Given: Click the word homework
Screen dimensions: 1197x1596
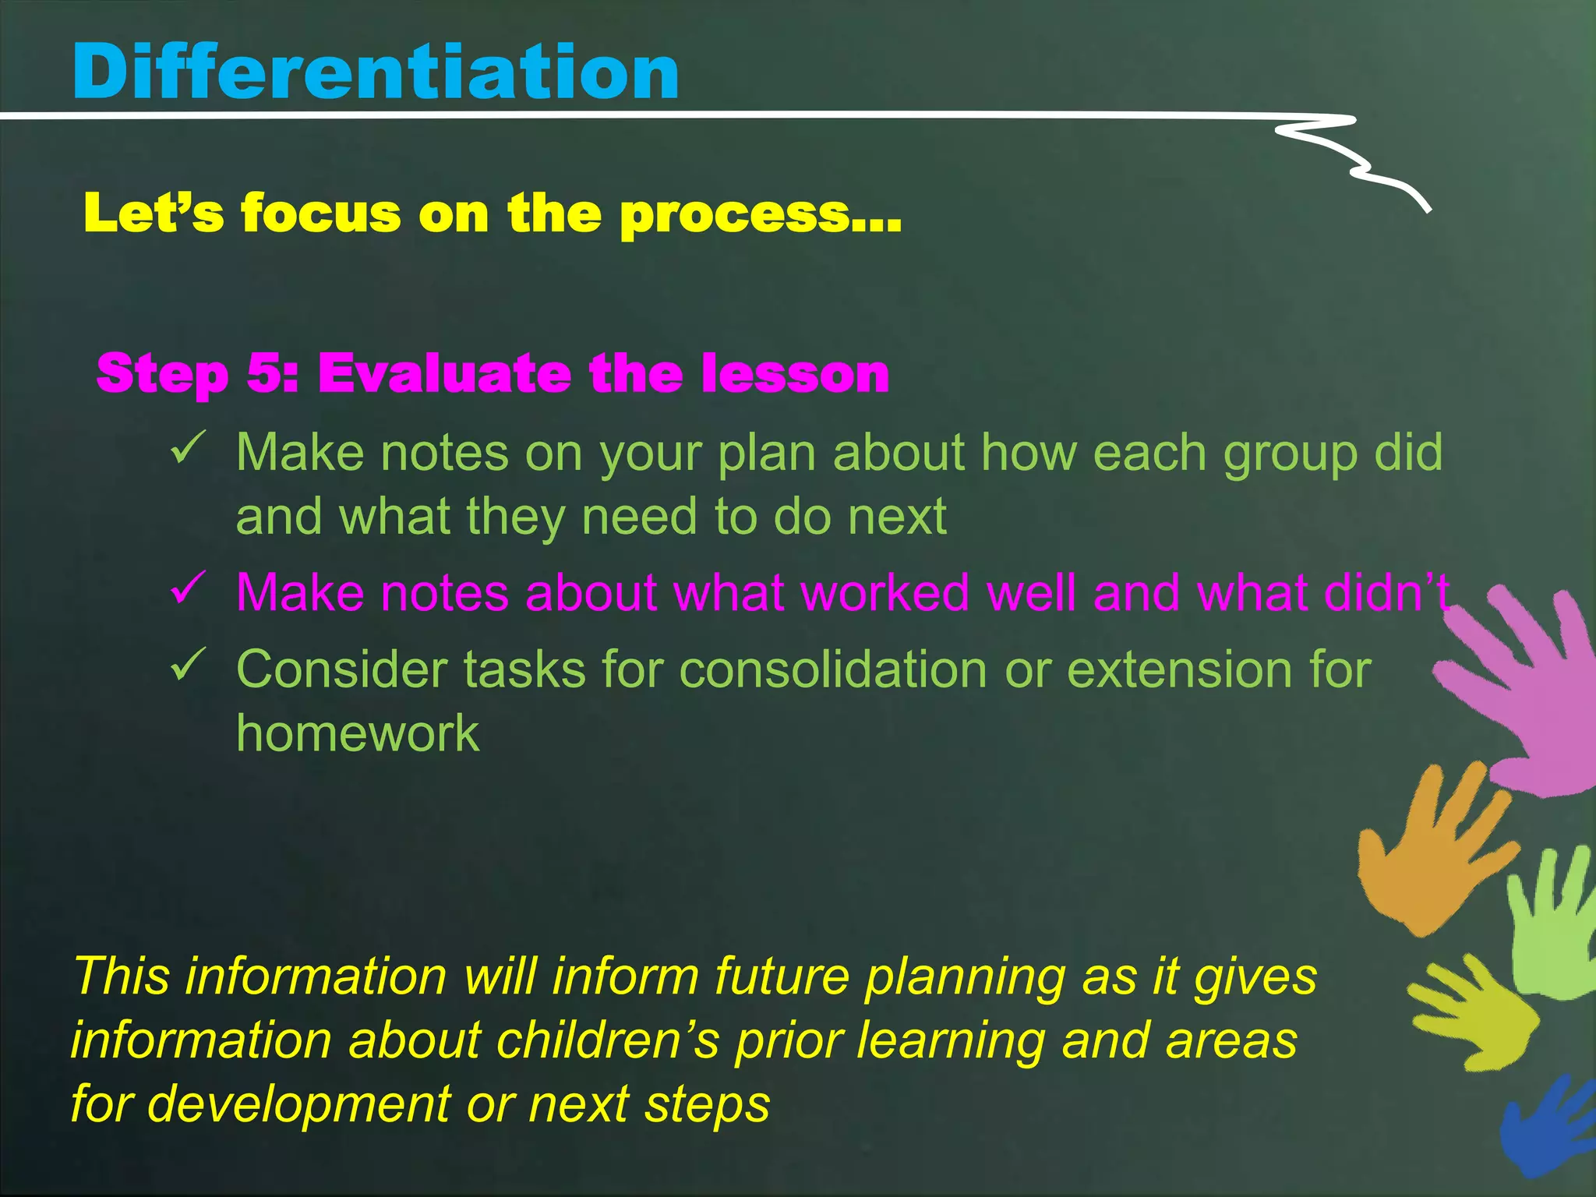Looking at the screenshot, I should (x=357, y=733).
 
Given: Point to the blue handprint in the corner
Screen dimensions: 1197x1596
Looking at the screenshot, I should (x=1547, y=1126).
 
